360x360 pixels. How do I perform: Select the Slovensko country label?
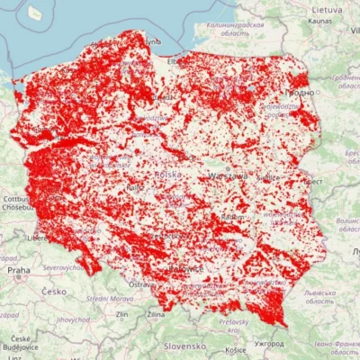184,346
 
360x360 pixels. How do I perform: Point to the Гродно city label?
301,92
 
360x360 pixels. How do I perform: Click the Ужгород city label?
268,343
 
